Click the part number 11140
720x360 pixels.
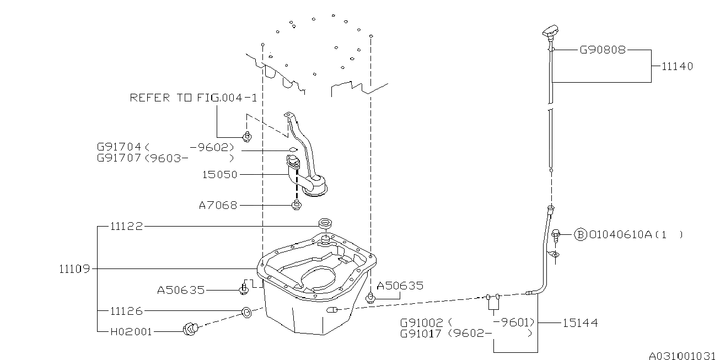677,67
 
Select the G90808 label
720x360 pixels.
603,50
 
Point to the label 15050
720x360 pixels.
220,175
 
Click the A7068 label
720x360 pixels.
218,206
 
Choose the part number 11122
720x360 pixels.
126,226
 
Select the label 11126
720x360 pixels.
126,311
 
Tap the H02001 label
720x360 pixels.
131,332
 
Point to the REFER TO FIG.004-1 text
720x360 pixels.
194,98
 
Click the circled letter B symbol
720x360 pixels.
581,235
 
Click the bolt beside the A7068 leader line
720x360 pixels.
297,206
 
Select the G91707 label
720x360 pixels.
119,158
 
